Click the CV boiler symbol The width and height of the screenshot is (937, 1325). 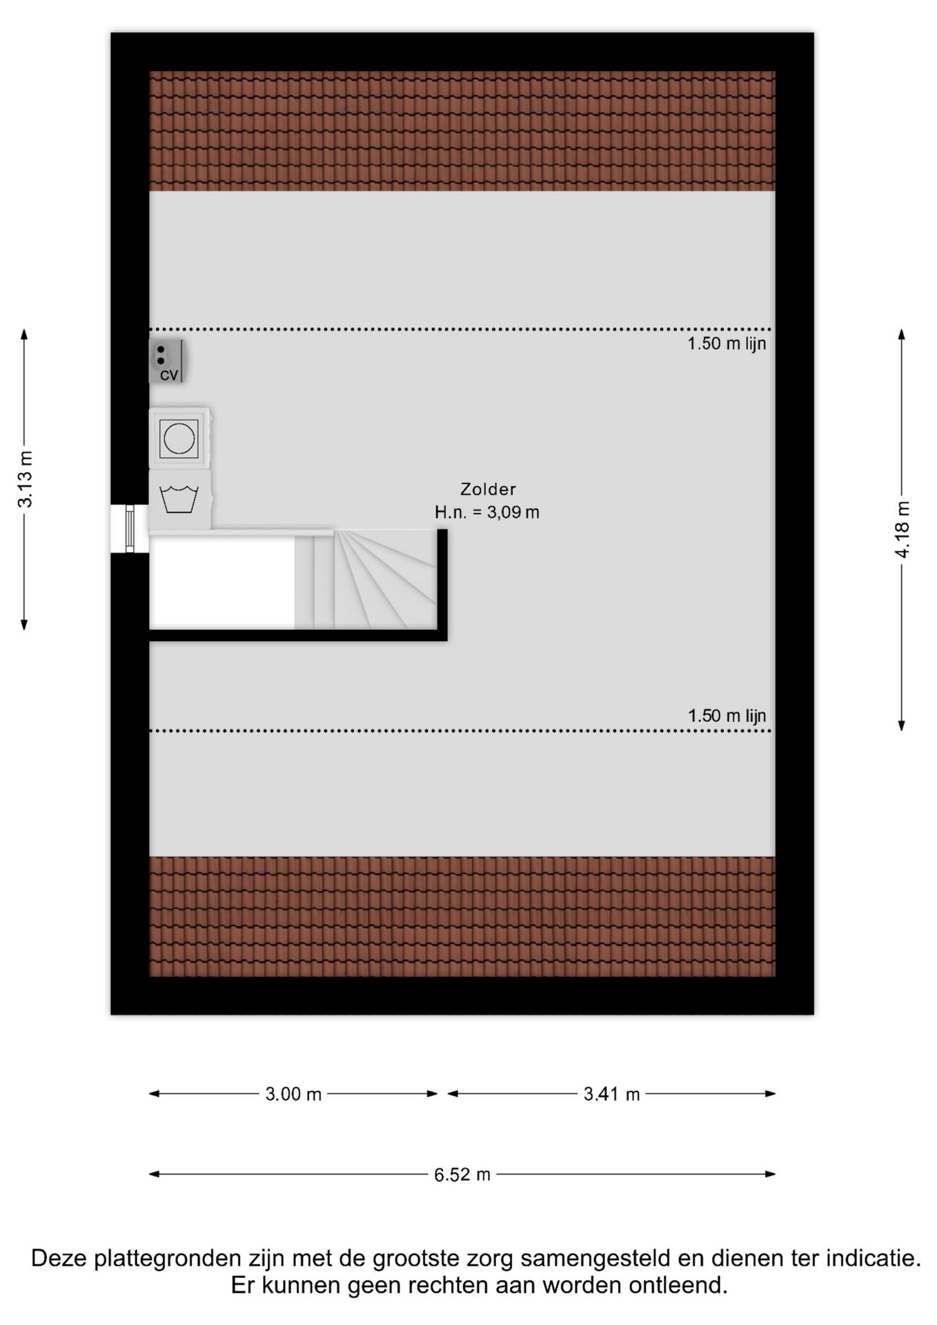[x=166, y=361]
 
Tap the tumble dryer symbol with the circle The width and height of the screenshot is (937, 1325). [x=179, y=438]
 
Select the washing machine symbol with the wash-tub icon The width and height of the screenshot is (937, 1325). [x=179, y=499]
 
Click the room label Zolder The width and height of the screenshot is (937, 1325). [x=488, y=489]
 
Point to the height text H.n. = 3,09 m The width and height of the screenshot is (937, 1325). [x=487, y=512]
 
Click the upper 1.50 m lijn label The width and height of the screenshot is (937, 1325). [x=727, y=343]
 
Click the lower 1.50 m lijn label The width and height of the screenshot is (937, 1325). [x=727, y=716]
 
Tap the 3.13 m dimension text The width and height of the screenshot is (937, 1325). [x=25, y=479]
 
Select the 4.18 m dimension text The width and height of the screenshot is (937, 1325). [x=902, y=529]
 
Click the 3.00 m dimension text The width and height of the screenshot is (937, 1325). [x=293, y=1094]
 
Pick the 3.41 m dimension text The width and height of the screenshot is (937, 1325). [x=611, y=1094]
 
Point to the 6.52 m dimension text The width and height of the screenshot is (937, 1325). [x=462, y=1175]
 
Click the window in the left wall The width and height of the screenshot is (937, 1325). [x=130, y=529]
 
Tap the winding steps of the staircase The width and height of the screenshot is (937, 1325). [x=385, y=579]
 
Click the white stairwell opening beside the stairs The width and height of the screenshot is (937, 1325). [x=222, y=582]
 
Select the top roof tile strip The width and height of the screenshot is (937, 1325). [x=462, y=131]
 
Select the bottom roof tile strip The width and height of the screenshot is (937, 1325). [x=462, y=916]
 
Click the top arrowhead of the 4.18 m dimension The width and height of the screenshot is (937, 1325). [x=901, y=335]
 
